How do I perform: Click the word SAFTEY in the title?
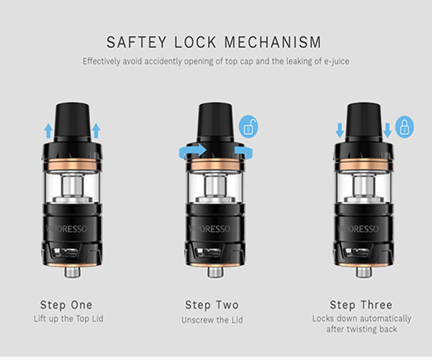click(136, 42)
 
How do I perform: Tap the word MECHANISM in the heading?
click(273, 42)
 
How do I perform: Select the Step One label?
click(66, 305)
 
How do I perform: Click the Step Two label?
click(212, 305)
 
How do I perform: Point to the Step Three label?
click(361, 305)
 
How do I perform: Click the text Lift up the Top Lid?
click(68, 319)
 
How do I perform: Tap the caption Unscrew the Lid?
click(212, 320)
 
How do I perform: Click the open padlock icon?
click(248, 127)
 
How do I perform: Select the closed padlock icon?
click(405, 127)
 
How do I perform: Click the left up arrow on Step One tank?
click(48, 130)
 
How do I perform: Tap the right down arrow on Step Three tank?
click(387, 130)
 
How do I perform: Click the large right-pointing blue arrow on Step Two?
click(192, 151)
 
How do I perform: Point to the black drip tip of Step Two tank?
click(215, 121)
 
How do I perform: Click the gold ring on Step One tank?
click(71, 164)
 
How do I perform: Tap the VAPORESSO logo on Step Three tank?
click(358, 229)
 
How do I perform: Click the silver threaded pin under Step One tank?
click(73, 271)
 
